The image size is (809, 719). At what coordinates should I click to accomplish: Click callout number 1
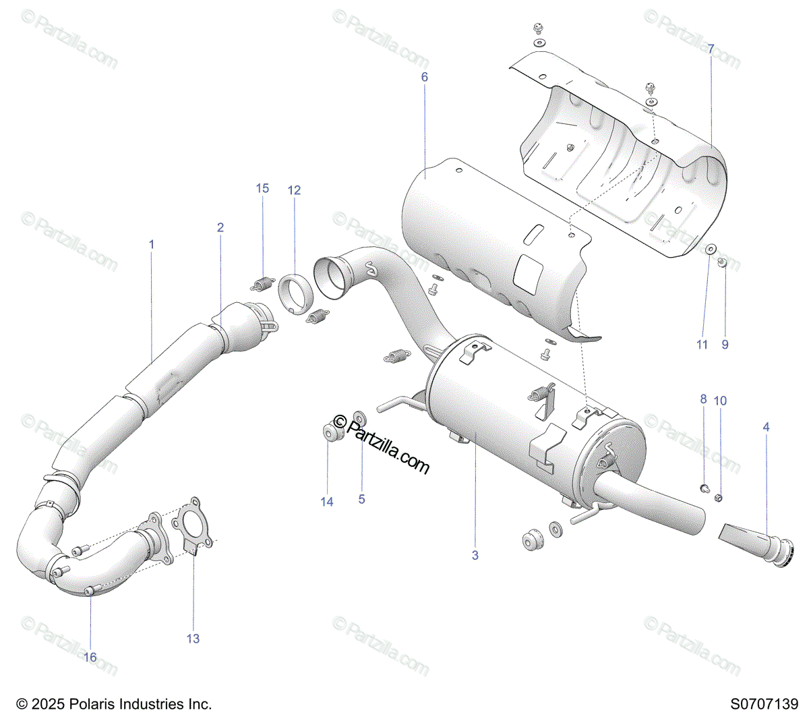point(152,244)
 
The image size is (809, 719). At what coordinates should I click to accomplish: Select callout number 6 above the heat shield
point(425,78)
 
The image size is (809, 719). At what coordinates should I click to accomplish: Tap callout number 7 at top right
point(711,49)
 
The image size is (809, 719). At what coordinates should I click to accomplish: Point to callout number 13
point(193,638)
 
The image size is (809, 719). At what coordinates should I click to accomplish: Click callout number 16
point(90,657)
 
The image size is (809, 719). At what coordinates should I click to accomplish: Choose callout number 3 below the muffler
point(475,555)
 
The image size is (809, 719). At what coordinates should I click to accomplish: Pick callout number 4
point(766,427)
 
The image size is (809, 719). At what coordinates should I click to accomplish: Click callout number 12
point(294,191)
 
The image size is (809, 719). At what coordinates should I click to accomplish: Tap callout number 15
point(262,188)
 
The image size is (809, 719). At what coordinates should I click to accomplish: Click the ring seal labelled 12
point(294,294)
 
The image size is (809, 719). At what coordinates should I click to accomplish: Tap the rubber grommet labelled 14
point(330,432)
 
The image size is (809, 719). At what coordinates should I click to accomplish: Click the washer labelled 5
point(360,423)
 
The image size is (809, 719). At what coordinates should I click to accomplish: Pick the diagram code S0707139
point(764,704)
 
